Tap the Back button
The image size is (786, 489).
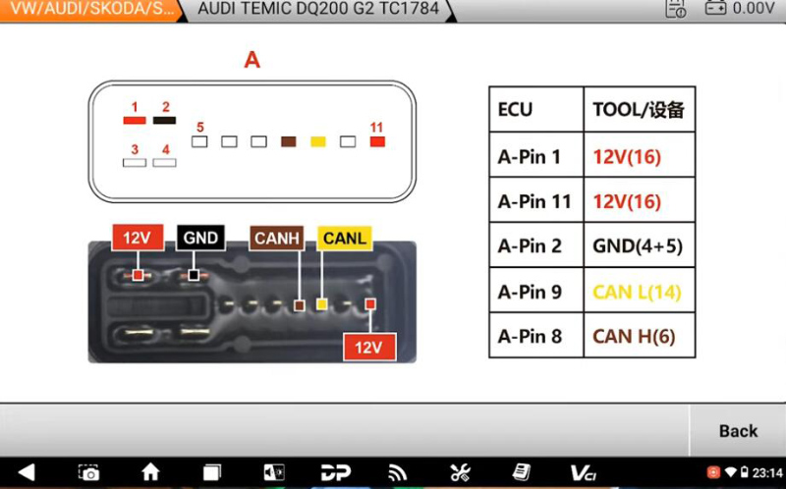[x=738, y=431]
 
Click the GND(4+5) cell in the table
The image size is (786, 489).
[x=640, y=245]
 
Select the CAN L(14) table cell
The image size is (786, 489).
[x=640, y=291]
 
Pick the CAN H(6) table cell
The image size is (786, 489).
[x=640, y=336]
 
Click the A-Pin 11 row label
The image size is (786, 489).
[x=534, y=201]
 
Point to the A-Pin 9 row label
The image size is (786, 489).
[x=530, y=291]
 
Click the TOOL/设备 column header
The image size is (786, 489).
[x=640, y=109]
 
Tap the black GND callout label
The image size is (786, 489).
[x=200, y=238]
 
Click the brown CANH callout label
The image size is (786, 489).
[x=277, y=238]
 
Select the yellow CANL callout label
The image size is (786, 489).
[x=345, y=238]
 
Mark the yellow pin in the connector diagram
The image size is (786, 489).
[x=317, y=141]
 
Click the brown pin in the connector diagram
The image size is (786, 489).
[x=288, y=141]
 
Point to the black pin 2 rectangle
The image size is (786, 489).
[x=164, y=120]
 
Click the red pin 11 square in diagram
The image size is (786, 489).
[x=377, y=141]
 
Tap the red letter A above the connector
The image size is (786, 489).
[x=253, y=60]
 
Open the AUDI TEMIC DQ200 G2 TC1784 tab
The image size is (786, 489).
[x=318, y=9]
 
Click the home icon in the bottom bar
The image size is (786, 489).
[x=150, y=472]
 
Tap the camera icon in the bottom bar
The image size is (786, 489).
[x=88, y=472]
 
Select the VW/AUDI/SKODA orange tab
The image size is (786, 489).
[x=90, y=9]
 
